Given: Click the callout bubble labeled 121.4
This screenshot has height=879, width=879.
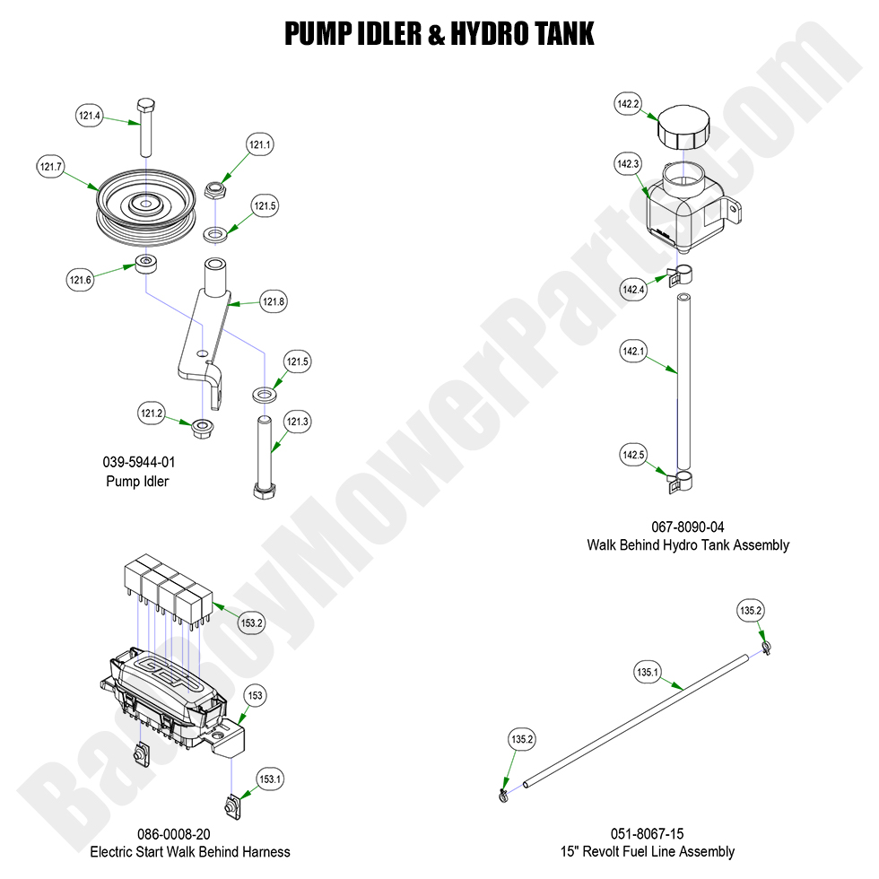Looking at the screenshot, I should [x=90, y=115].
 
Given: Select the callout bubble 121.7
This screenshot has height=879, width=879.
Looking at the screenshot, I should [x=51, y=167].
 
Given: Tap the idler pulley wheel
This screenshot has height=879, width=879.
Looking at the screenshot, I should [x=144, y=206].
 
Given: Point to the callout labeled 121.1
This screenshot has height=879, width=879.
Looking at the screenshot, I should [x=260, y=144].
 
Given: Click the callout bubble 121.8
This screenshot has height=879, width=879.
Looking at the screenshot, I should [x=274, y=302].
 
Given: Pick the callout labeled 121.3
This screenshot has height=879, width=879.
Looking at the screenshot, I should [x=298, y=422].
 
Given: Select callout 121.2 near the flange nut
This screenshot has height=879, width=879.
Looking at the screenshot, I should [x=152, y=413].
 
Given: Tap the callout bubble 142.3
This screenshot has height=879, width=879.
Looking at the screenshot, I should [x=628, y=164].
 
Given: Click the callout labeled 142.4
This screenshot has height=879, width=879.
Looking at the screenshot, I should [x=633, y=289].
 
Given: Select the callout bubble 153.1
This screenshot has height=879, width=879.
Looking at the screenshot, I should [x=270, y=779].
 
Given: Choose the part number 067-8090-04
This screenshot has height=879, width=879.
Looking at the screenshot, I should [x=688, y=527].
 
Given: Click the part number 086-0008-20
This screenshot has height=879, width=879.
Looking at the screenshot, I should [x=189, y=833].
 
